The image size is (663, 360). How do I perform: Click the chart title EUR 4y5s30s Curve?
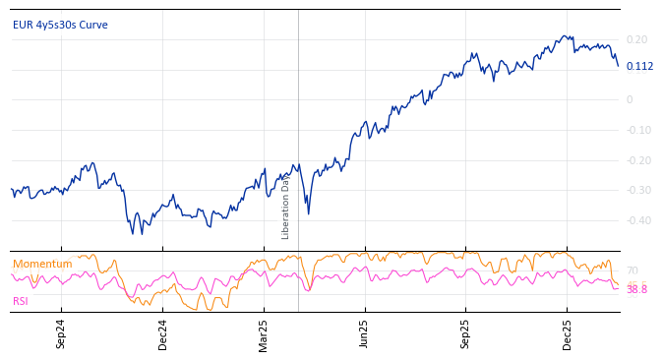pyautogui.click(x=60, y=26)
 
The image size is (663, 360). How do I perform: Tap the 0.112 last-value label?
pyautogui.click(x=639, y=67)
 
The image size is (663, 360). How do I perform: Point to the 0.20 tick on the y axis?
pyautogui.click(x=636, y=40)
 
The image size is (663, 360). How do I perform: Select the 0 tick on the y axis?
pyautogui.click(x=630, y=99)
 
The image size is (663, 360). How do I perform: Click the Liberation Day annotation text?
pyautogui.click(x=286, y=208)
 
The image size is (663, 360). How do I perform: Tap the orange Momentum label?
pyautogui.click(x=42, y=265)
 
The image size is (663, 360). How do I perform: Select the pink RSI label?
pyautogui.click(x=21, y=302)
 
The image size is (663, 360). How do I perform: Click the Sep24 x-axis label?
pyautogui.click(x=61, y=333)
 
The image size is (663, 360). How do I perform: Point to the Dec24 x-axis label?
pyautogui.click(x=163, y=333)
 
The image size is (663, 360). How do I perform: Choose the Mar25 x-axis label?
pyautogui.click(x=264, y=333)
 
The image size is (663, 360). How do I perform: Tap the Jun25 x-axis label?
pyautogui.click(x=365, y=333)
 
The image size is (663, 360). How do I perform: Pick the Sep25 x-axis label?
pyautogui.click(x=466, y=333)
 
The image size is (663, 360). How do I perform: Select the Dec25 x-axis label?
pyautogui.click(x=568, y=333)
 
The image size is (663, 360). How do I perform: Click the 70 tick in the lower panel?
pyautogui.click(x=632, y=270)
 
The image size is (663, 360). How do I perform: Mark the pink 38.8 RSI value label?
pyautogui.click(x=636, y=290)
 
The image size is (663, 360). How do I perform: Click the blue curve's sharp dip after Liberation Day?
pyautogui.click(x=308, y=212)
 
